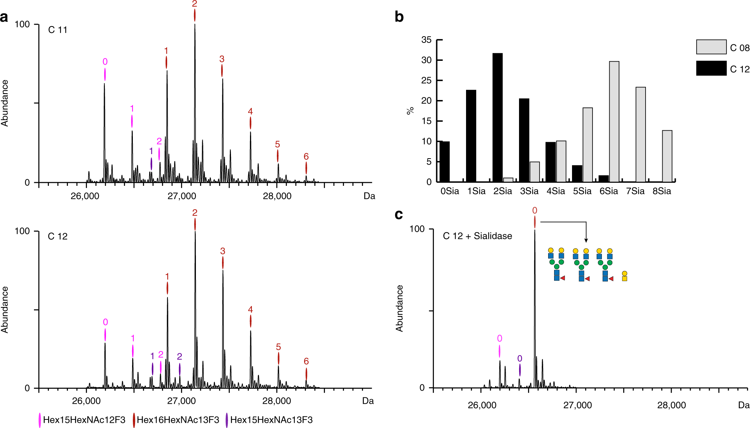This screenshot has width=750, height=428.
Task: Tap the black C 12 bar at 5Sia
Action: click(x=577, y=174)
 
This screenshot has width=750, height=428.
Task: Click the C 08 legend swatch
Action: click(x=711, y=47)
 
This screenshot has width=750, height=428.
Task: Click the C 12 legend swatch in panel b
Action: click(x=711, y=68)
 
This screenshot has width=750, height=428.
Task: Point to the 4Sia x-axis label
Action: click(x=556, y=191)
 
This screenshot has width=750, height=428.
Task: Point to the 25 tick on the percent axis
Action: click(x=426, y=80)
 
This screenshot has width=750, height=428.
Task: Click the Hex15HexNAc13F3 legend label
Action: click(x=271, y=420)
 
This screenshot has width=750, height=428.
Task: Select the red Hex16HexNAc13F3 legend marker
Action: click(x=134, y=420)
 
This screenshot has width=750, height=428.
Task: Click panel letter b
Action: click(x=399, y=17)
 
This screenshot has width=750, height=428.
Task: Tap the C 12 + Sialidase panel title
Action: click(x=477, y=236)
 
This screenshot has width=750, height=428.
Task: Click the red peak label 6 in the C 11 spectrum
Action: click(x=306, y=157)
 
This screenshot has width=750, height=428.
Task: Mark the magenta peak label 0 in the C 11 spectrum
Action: click(x=105, y=62)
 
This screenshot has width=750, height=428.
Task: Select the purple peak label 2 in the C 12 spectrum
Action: click(x=179, y=356)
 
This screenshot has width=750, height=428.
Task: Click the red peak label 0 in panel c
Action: click(x=535, y=210)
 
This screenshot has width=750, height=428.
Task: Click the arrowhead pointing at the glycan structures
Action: click(x=586, y=241)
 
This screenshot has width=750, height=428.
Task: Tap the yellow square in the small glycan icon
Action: click(x=625, y=279)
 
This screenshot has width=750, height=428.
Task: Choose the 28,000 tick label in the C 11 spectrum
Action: click(x=277, y=196)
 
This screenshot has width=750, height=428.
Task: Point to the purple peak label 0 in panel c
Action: click(x=519, y=359)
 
